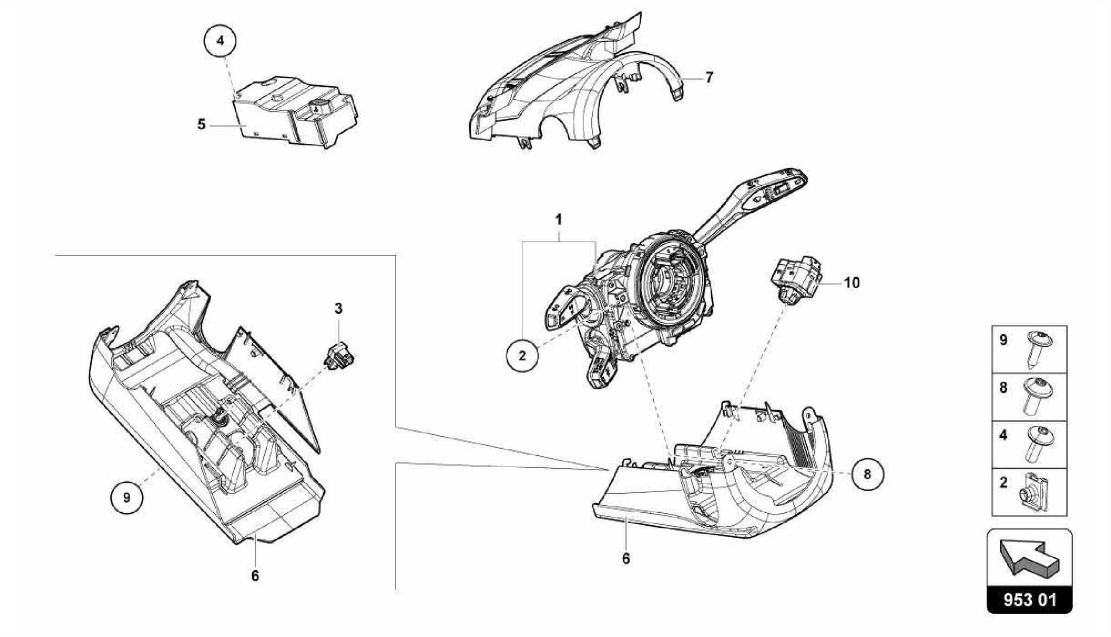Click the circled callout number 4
coord(220,40)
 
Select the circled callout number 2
coord(522,356)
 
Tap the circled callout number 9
coord(126,497)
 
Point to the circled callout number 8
coord(867,474)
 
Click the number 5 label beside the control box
coord(201,125)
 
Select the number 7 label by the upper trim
coord(709,77)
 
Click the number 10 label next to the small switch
coord(852,283)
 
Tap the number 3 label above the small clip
coord(339,309)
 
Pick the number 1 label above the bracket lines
coord(558,220)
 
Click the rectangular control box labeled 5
coord(293,114)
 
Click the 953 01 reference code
coord(1030,600)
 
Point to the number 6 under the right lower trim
coord(626,558)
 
